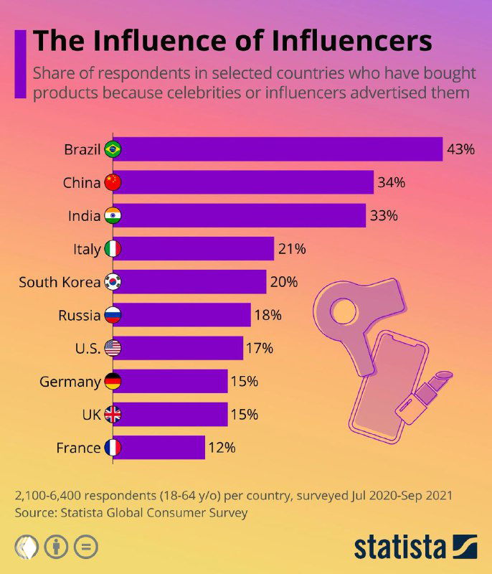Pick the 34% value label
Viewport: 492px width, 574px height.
[x=391, y=182]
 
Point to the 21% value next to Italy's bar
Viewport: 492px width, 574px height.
[x=292, y=249]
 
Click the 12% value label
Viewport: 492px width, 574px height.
[x=222, y=448]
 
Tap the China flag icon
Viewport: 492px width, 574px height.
[x=113, y=182]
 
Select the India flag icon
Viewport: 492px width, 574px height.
[x=113, y=215]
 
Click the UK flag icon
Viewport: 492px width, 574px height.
[x=113, y=415]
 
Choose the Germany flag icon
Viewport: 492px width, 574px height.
[x=113, y=382]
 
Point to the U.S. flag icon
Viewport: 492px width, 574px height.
[x=113, y=349]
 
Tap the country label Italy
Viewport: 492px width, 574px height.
[x=87, y=249]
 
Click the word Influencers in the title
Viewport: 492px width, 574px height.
[x=351, y=40]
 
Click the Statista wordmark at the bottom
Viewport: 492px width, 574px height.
[x=399, y=547]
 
